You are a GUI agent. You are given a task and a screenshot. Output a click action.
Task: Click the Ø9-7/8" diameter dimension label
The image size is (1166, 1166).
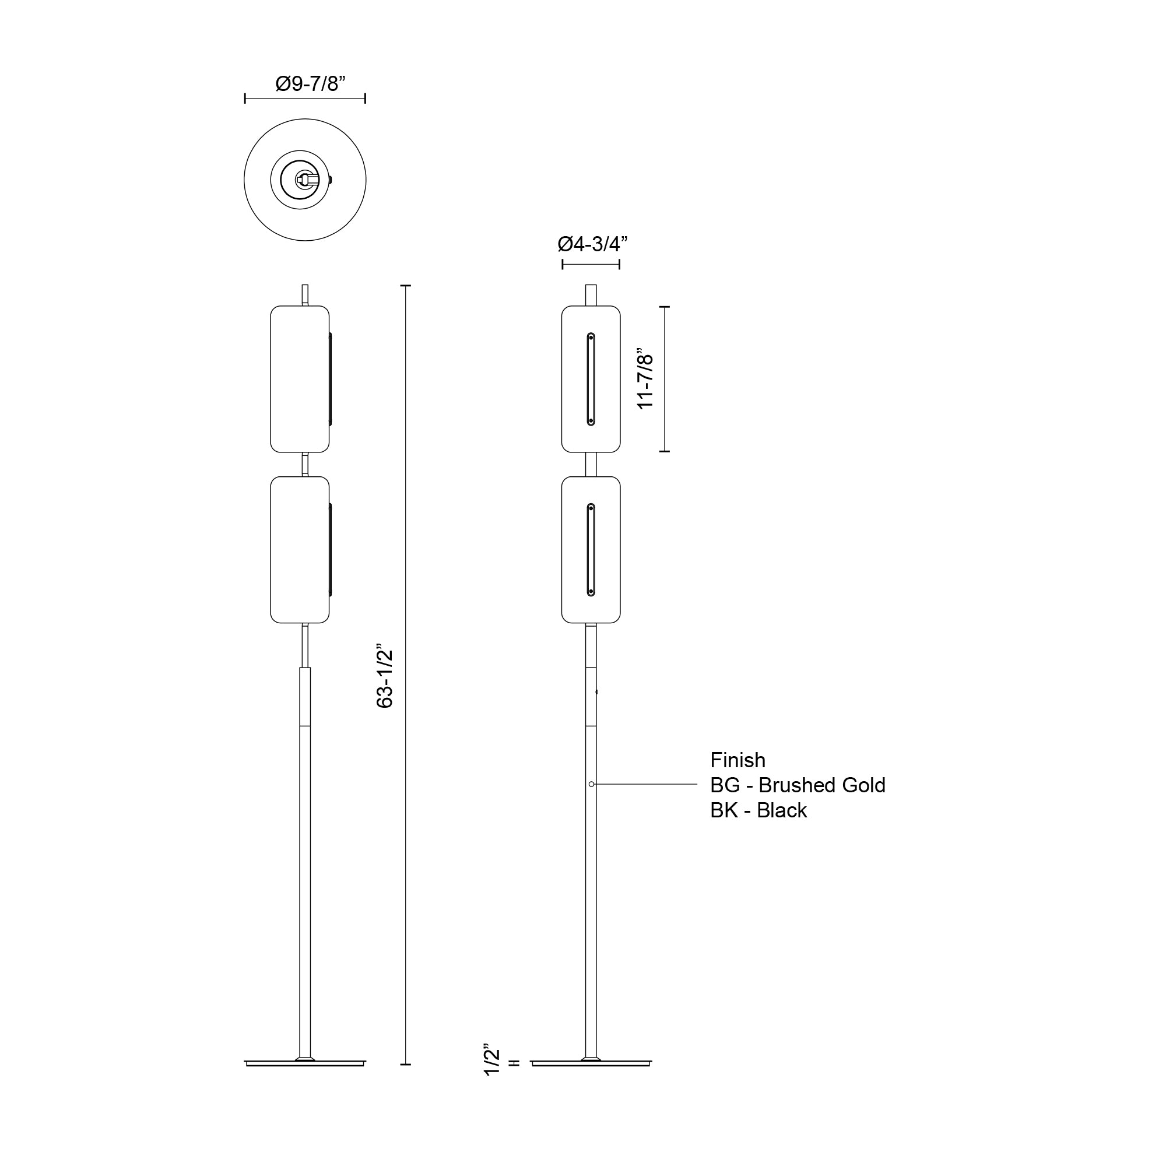pyautogui.click(x=310, y=83)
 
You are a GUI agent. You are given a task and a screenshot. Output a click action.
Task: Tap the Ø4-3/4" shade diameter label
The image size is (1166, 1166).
pyautogui.click(x=592, y=244)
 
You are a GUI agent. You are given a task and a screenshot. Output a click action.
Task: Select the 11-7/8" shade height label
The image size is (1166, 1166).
pyautogui.click(x=646, y=381)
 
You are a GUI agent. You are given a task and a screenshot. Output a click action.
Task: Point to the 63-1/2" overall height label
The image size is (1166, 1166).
pyautogui.click(x=385, y=678)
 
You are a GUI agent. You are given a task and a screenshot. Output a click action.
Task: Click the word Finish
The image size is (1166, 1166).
pyautogui.click(x=737, y=760)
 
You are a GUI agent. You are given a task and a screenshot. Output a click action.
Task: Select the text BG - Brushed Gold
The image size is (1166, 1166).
pyautogui.click(x=797, y=785)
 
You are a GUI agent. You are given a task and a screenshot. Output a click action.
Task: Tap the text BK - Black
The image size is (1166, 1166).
pyautogui.click(x=758, y=810)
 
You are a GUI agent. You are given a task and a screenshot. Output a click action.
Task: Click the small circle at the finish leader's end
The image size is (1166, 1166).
pyautogui.click(x=591, y=784)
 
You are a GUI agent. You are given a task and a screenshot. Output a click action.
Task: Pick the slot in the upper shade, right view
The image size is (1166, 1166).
pyautogui.click(x=591, y=379)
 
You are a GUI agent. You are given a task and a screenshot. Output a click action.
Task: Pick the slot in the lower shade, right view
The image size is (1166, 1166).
pyautogui.click(x=591, y=550)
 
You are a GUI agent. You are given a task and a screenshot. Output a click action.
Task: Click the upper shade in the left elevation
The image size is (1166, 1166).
pyautogui.click(x=299, y=379)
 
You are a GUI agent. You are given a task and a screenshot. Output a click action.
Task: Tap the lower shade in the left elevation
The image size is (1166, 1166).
pyautogui.click(x=299, y=550)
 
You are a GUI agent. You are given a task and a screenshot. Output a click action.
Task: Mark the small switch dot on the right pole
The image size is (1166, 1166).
pyautogui.click(x=597, y=692)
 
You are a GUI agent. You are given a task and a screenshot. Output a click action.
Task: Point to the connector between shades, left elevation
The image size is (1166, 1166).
pyautogui.click(x=305, y=464)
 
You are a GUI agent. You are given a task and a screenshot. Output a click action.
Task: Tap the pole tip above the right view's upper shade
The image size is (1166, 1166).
pyautogui.click(x=591, y=294)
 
